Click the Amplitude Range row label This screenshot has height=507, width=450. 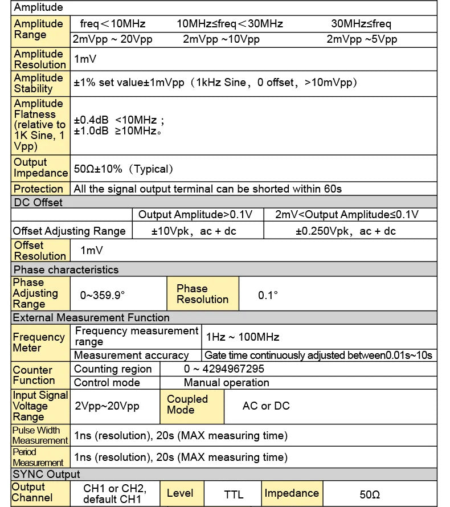coord(39,29)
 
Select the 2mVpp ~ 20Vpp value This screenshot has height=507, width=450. coord(113,39)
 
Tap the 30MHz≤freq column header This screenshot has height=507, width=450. coord(361,24)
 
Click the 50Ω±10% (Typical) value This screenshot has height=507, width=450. coord(124,169)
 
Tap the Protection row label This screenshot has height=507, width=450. coord(38,189)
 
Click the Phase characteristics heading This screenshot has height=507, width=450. coord(66,269)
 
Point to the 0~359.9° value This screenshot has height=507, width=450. coord(103,295)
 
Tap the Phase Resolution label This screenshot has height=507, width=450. coord(202,294)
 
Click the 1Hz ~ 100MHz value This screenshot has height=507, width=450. coord(243,337)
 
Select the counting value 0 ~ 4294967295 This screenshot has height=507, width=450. coord(224,369)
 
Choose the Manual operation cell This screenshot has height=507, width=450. coord(227,383)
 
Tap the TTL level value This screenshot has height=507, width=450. coord(234,494)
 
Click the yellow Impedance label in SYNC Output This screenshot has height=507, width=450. coord(292,493)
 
